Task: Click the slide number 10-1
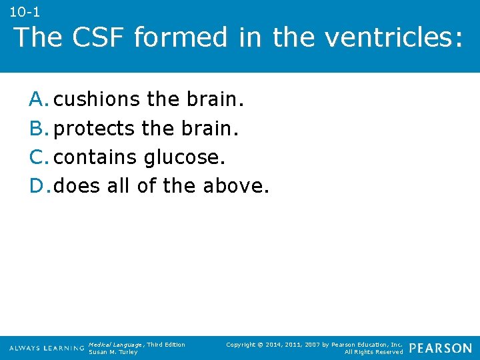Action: pyautogui.click(x=25, y=11)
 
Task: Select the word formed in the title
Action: pyautogui.click(x=181, y=37)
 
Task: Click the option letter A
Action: pyautogui.click(x=38, y=99)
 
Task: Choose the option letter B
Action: pyautogui.click(x=38, y=128)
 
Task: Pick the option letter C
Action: pyautogui.click(x=38, y=157)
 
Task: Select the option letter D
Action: pyautogui.click(x=38, y=186)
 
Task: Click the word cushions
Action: pyautogui.click(x=97, y=99)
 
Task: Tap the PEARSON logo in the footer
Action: pyautogui.click(x=441, y=348)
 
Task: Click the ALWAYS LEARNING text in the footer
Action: pyautogui.click(x=47, y=348)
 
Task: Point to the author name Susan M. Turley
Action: pyautogui.click(x=113, y=352)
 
